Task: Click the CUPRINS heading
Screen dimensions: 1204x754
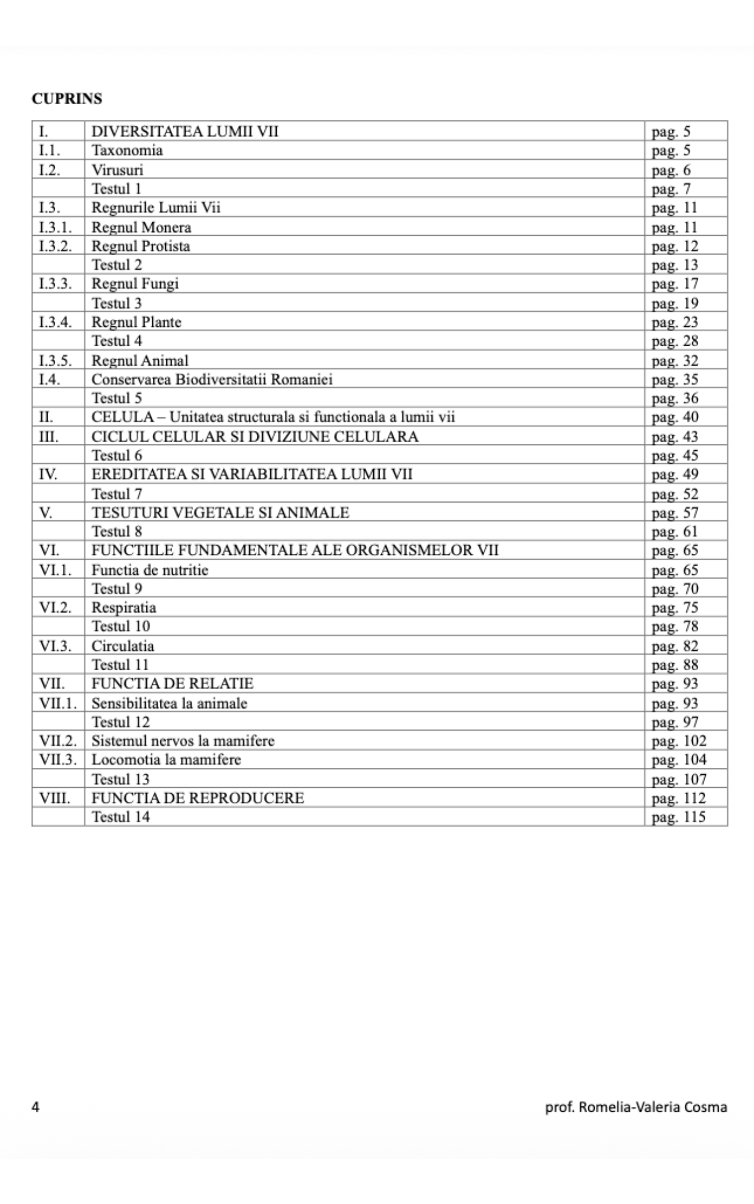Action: coord(66,99)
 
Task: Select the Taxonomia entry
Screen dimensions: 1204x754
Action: coord(127,150)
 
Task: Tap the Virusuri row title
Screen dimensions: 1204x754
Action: coord(117,170)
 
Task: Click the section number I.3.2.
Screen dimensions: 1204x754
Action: coord(55,246)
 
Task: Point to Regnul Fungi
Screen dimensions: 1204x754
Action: coord(135,284)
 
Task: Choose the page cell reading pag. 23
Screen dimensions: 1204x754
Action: coord(674,322)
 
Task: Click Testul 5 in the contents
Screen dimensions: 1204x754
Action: coord(116,398)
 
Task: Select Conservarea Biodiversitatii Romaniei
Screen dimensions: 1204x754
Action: coord(212,379)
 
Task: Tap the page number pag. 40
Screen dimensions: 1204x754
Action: coord(675,417)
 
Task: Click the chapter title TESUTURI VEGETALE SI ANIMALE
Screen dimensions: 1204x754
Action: coord(220,513)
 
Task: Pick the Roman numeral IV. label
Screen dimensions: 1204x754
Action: coord(48,474)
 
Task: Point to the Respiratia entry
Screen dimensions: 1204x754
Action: coord(123,607)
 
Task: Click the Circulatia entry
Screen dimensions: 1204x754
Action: coord(122,646)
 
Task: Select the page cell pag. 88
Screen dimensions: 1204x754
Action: coord(675,665)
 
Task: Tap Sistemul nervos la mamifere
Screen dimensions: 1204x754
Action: coord(183,741)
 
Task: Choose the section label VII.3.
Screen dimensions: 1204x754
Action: coord(58,760)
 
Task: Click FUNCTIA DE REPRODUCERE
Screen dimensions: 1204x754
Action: coord(197,798)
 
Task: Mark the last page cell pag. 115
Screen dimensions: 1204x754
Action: coord(678,817)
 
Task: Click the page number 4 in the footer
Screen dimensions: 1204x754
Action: coord(36,1107)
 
